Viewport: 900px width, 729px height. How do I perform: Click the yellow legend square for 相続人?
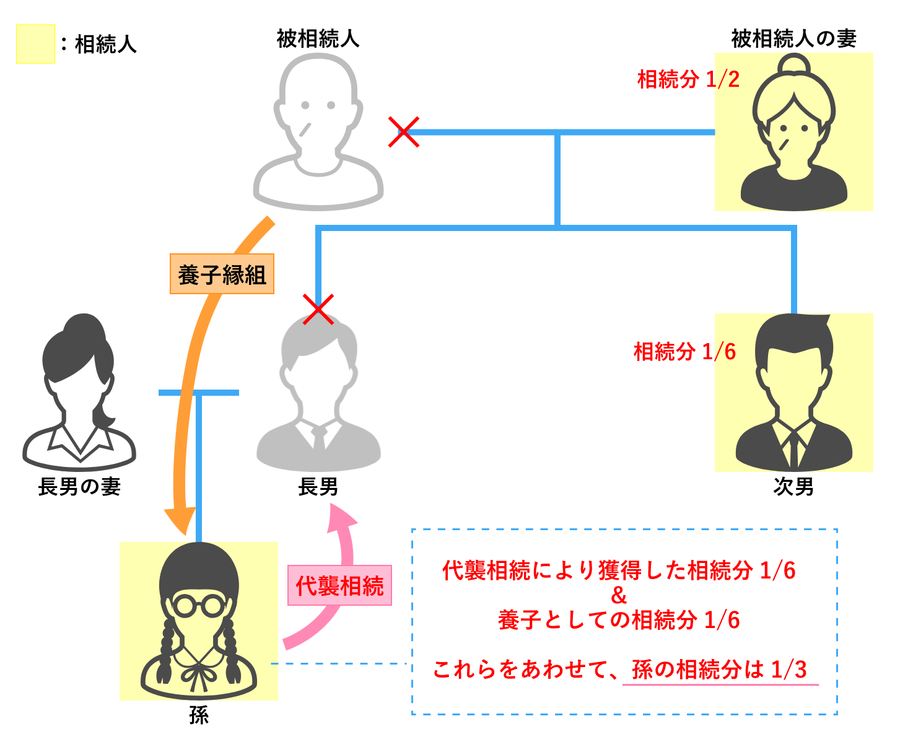(x=35, y=44)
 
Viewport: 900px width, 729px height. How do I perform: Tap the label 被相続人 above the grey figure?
(x=318, y=39)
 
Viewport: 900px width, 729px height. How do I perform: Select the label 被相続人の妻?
(x=793, y=39)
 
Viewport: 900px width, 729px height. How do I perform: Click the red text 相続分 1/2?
(x=688, y=79)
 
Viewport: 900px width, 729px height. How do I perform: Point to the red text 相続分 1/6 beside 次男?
(x=684, y=352)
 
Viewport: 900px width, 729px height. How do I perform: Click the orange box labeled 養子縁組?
(x=222, y=274)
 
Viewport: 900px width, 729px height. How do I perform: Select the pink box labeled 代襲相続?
(x=339, y=585)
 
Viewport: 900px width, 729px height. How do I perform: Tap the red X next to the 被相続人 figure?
(x=404, y=132)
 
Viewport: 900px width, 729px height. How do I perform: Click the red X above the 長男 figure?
(x=318, y=309)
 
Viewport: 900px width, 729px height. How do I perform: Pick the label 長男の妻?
(x=79, y=487)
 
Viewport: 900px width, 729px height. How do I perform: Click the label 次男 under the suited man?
(x=793, y=487)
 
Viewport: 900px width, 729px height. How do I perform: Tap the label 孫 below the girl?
(x=199, y=715)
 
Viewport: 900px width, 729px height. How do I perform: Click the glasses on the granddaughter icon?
(x=198, y=605)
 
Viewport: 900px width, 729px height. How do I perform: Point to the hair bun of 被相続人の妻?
(x=793, y=66)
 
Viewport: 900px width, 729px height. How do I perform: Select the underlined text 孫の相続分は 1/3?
(x=719, y=670)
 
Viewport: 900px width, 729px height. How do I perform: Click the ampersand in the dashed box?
(x=619, y=596)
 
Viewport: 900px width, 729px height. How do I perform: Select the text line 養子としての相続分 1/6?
(x=619, y=619)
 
